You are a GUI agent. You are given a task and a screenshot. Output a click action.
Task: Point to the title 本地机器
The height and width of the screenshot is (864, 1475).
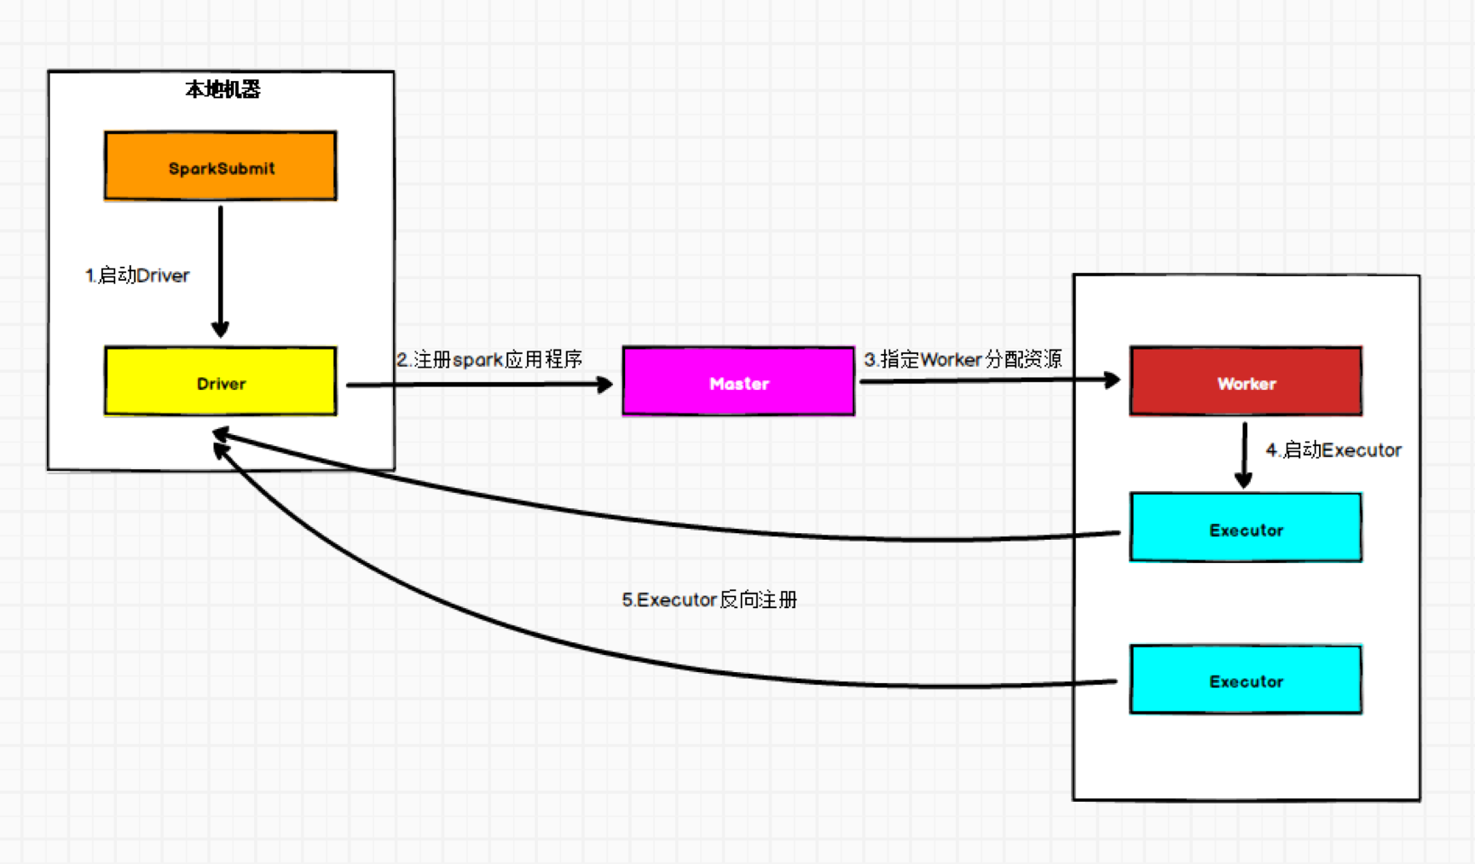223,90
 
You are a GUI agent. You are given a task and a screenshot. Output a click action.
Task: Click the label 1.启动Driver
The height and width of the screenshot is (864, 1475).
137,275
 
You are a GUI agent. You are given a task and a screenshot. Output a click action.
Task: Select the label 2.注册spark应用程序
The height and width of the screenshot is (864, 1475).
489,359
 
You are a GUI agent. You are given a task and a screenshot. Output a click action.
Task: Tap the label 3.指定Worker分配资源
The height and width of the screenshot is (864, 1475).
963,359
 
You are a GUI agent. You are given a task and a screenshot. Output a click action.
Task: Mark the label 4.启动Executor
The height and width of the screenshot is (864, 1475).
1333,449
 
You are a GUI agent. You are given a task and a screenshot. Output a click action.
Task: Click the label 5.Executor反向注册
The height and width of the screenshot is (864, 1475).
709,600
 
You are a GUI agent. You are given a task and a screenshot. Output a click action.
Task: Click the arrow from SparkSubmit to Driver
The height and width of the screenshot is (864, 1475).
220,269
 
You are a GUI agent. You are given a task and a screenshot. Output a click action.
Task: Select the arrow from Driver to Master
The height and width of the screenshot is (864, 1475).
477,385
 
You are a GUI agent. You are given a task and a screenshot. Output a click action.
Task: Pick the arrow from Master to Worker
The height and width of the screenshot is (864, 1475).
989,380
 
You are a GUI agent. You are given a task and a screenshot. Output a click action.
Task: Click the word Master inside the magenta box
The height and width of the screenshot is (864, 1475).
739,384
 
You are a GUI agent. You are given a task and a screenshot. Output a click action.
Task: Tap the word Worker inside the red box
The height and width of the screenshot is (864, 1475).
1247,384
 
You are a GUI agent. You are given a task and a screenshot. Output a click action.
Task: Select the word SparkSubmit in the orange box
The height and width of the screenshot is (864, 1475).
222,169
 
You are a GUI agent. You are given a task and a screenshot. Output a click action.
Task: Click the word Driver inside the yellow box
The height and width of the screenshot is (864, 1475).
222,384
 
